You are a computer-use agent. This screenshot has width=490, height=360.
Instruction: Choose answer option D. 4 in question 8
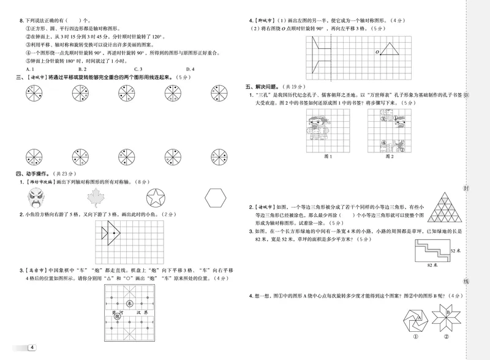coord(190,69)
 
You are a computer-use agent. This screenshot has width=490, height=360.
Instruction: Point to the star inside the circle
coord(159,198)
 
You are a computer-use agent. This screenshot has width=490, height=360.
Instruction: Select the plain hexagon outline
coord(215,198)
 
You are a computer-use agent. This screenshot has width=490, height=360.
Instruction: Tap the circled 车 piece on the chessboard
coord(129,302)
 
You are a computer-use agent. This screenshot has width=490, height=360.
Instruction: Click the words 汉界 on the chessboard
coord(145,312)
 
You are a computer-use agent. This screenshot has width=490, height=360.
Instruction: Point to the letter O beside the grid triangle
coord(377,51)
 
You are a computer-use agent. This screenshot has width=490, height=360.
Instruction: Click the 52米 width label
coord(455,252)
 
